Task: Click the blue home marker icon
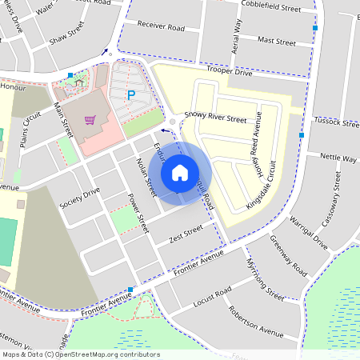pyautogui.click(x=180, y=172)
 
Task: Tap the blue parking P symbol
pyautogui.click(x=132, y=95)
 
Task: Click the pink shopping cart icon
pyautogui.click(x=90, y=121)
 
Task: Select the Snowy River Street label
pyautogui.click(x=215, y=117)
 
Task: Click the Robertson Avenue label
pyautogui.click(x=255, y=322)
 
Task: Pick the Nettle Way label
pyautogui.click(x=338, y=158)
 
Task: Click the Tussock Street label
pyautogui.click(x=338, y=122)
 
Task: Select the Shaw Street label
pyautogui.click(x=66, y=37)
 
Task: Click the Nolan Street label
pyautogui.click(x=144, y=176)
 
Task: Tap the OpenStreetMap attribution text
pyautogui.click(x=81, y=354)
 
